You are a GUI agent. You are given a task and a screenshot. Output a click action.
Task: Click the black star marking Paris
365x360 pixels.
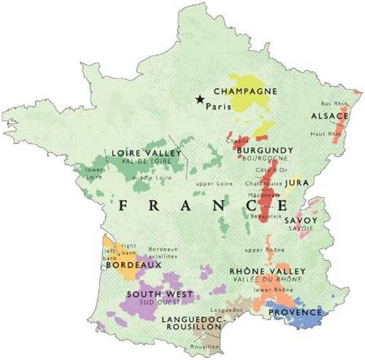[200, 98]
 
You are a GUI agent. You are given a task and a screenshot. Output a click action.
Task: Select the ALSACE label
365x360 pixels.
[329, 116]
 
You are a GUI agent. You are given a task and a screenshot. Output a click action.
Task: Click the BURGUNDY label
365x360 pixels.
[265, 151]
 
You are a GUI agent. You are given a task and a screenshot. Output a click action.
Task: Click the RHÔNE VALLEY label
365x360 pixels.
[267, 271]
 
